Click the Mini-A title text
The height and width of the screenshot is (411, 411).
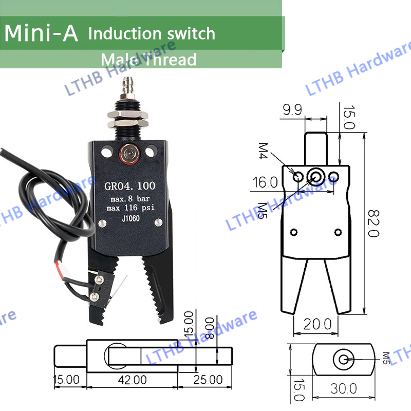click(x=42, y=33)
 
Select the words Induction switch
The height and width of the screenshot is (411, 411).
click(x=152, y=34)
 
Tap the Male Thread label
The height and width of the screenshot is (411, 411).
click(x=148, y=60)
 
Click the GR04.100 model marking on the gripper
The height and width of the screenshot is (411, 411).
click(x=128, y=185)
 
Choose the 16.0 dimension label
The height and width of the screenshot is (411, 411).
click(x=265, y=182)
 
